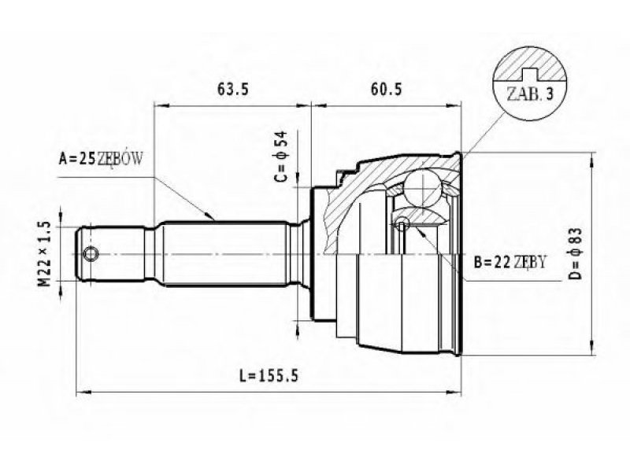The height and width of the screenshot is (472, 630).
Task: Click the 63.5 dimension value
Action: pos(233,89)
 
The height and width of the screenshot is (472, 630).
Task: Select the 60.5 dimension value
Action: pos(386,89)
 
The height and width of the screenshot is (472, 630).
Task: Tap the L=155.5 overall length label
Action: pos(269,376)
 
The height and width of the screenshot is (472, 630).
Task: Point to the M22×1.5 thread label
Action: pos(45,254)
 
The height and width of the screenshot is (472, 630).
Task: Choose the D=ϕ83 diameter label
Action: pos(575,253)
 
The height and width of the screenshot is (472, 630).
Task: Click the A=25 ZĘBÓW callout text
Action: pos(101,159)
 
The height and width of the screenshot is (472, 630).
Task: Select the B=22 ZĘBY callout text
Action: pos(510,262)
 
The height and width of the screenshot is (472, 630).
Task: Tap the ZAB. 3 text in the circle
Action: pos(529,94)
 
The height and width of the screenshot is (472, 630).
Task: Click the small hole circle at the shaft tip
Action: pos(91,253)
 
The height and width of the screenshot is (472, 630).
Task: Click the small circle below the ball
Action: pos(402,223)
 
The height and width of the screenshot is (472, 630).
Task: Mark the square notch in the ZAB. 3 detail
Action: pos(529,72)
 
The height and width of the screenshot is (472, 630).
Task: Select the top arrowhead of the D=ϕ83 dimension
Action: pos(592,160)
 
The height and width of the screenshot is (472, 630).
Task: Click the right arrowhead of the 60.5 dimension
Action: pos(454,105)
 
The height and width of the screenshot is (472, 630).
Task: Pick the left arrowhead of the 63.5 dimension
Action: pos(161,105)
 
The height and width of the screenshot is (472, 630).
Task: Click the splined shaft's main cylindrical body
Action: pos(225,253)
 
